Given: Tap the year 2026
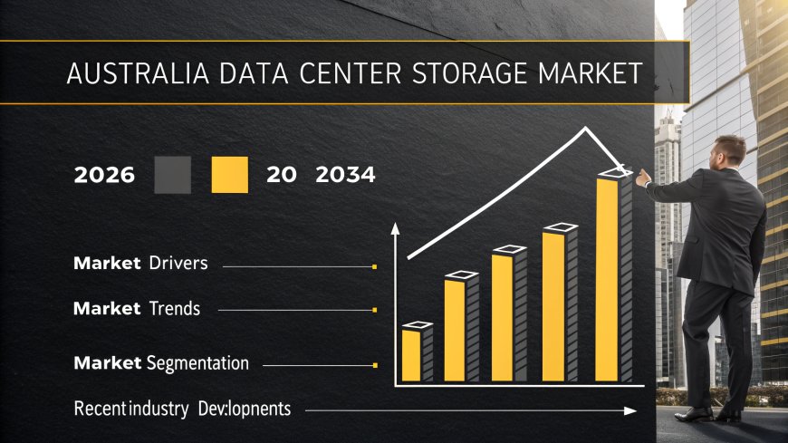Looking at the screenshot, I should (104, 175).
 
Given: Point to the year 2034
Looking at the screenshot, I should (345, 175).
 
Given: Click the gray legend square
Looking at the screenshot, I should (173, 175).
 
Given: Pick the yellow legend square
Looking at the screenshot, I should (229, 175).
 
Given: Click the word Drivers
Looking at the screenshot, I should (178, 264).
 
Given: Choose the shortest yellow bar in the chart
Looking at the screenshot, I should (411, 354).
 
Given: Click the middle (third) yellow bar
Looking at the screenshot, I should (503, 317).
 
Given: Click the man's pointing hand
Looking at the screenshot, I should (644, 178).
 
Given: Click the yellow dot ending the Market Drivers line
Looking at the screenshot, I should (374, 266).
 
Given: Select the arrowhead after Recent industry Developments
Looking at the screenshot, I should (632, 411).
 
